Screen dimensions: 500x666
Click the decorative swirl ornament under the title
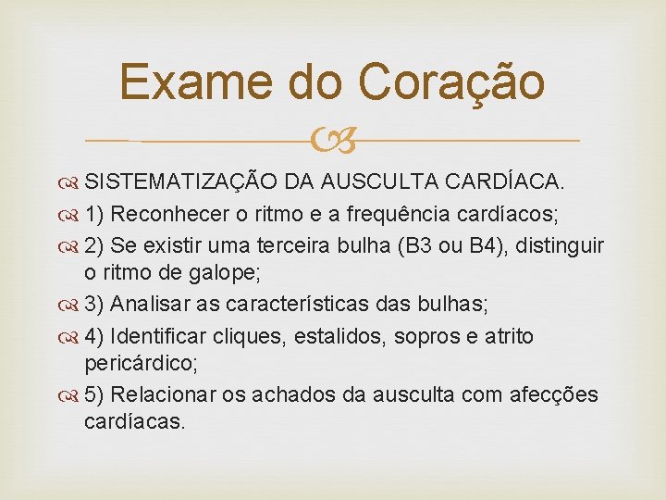(x=333, y=141)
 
